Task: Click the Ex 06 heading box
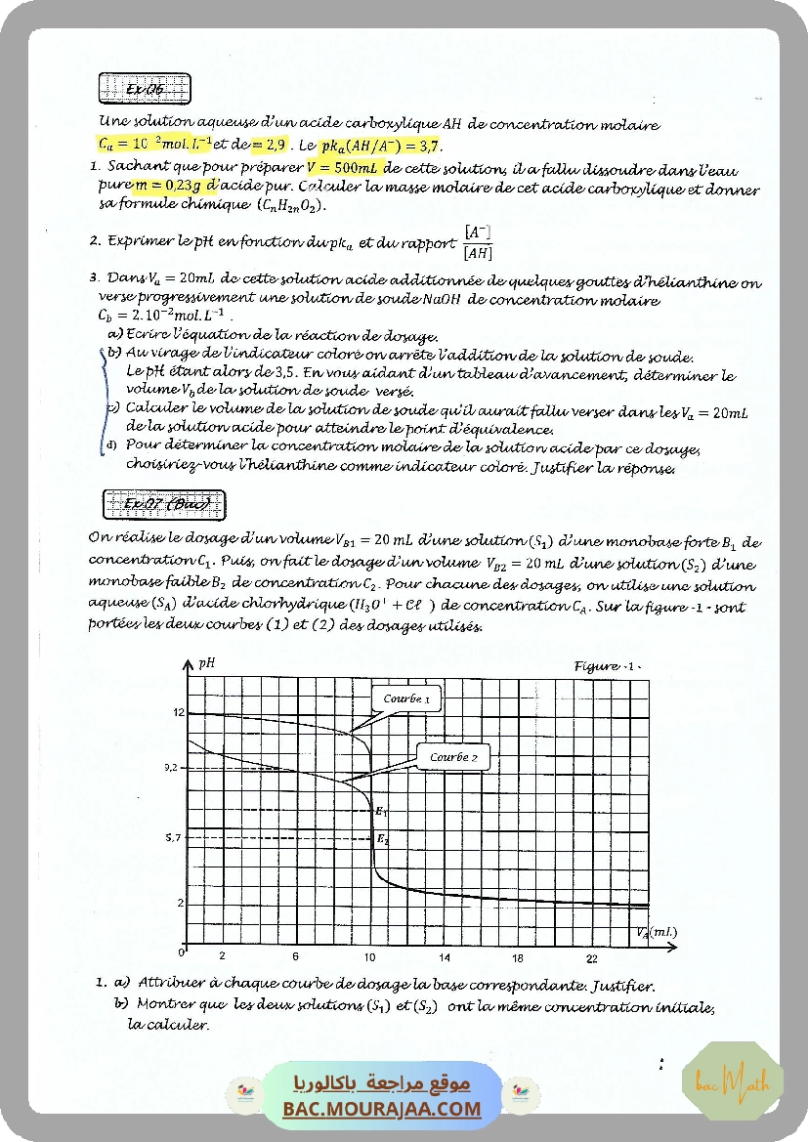click(145, 90)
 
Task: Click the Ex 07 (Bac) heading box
click(163, 505)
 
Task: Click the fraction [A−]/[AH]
click(477, 242)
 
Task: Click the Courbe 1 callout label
click(405, 698)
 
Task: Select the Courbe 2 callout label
click(453, 757)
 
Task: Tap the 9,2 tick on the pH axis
click(173, 768)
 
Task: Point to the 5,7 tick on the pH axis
click(173, 837)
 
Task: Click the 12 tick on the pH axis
click(178, 712)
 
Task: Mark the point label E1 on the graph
click(382, 812)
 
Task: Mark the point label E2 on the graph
click(382, 839)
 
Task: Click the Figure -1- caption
click(607, 666)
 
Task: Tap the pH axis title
click(206, 662)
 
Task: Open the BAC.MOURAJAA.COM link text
click(382, 1109)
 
